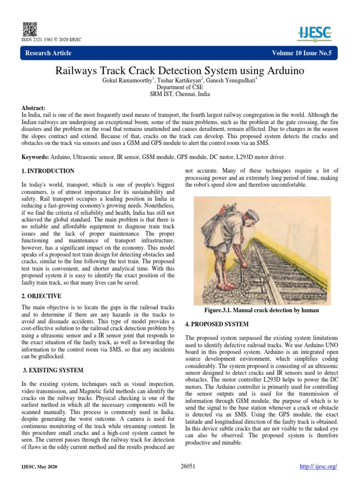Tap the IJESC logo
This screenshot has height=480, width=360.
coord(315,32)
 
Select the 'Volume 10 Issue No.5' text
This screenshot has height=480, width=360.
coord(301,53)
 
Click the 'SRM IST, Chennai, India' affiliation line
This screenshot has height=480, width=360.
coord(180,94)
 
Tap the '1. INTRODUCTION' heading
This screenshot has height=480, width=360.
coord(48,171)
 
